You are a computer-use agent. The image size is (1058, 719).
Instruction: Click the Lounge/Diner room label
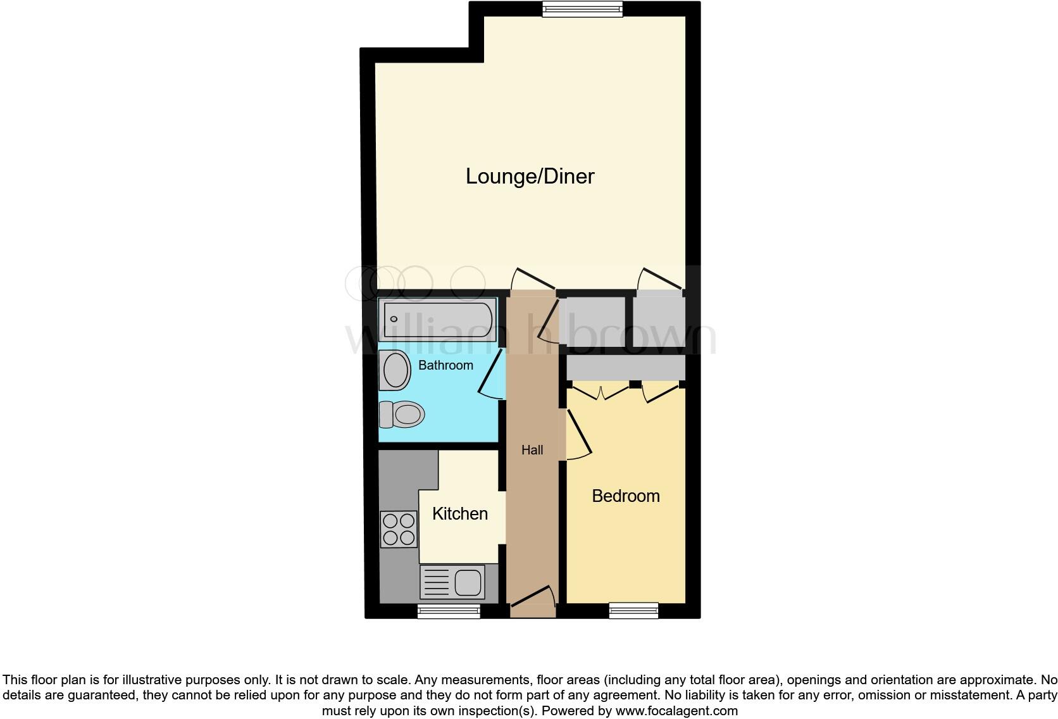(530, 176)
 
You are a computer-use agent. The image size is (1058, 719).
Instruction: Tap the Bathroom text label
(445, 365)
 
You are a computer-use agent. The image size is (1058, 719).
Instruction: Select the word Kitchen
(459, 513)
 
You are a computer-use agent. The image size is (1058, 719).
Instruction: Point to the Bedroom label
(625, 496)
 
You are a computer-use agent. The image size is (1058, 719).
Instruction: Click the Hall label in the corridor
(532, 450)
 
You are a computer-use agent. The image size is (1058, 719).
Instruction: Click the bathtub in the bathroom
(438, 320)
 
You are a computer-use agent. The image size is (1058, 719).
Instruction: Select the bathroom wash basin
(395, 370)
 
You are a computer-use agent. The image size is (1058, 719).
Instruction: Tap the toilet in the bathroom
(403, 415)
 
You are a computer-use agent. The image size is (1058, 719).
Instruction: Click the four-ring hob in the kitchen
(399, 529)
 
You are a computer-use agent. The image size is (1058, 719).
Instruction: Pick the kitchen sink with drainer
(452, 582)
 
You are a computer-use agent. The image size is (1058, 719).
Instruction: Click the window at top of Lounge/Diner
(582, 8)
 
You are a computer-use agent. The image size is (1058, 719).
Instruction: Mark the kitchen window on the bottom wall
(448, 611)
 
